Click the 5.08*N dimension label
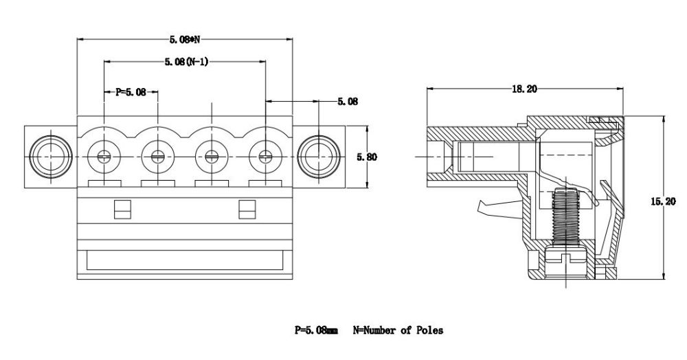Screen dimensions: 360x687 (185, 39)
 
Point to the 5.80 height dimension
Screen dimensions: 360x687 (367, 157)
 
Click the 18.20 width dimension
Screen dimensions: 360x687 (523, 89)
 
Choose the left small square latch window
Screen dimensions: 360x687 (121, 209)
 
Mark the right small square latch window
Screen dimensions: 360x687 (246, 209)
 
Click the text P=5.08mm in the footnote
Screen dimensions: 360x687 (316, 330)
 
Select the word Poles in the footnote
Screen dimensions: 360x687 (428, 330)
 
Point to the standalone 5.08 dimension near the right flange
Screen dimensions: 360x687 (347, 102)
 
